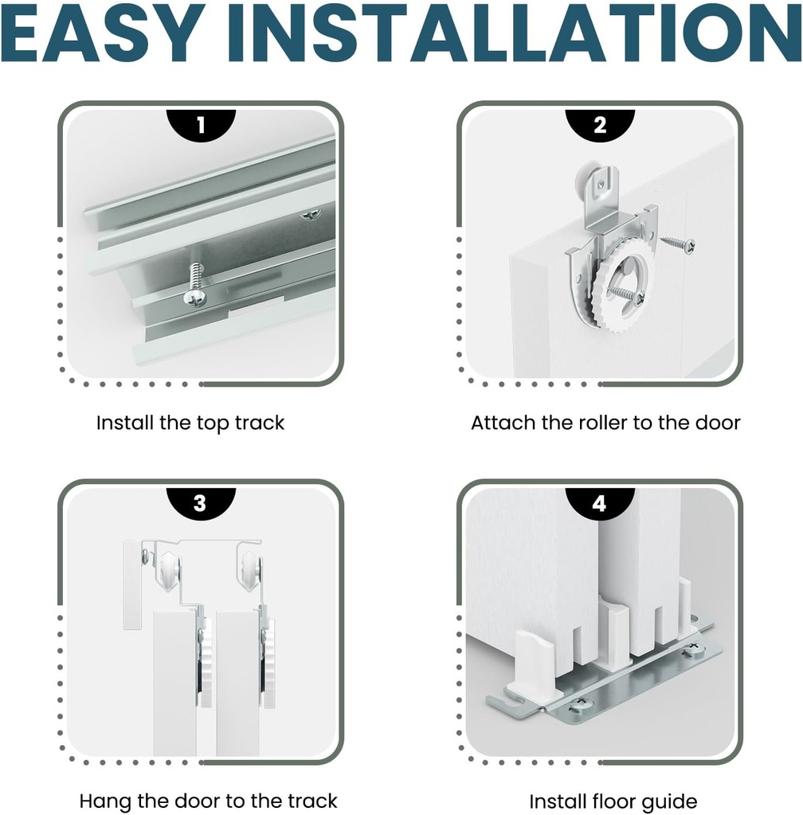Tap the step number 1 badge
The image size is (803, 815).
[202, 125]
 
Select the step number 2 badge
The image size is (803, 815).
[600, 125]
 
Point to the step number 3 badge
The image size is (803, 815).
[202, 504]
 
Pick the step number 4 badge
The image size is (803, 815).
[600, 504]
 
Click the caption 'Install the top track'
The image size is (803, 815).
[190, 423]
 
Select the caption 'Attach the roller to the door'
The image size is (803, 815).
[605, 423]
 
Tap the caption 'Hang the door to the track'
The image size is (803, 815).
[209, 801]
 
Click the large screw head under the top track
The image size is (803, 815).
[195, 298]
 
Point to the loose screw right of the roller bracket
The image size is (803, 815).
[678, 244]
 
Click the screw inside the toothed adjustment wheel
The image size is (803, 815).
[627, 294]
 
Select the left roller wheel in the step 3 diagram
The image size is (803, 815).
[170, 569]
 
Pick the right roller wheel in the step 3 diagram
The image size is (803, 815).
[252, 569]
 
